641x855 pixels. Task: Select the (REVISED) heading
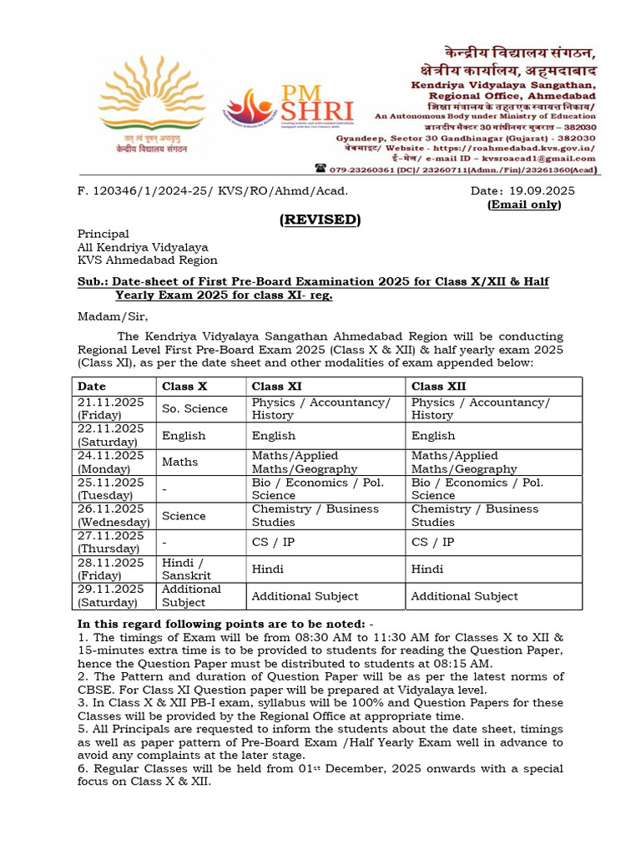pos(320,220)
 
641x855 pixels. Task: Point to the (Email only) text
pos(524,205)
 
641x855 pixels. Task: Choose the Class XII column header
pos(439,386)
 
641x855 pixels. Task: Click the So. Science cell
pos(194,408)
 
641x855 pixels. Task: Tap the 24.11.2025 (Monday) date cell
pos(111,462)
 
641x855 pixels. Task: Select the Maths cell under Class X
pos(180,462)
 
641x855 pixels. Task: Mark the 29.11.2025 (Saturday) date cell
pos(111,595)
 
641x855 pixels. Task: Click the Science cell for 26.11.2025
pos(184,515)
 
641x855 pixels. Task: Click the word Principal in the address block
pos(103,234)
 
